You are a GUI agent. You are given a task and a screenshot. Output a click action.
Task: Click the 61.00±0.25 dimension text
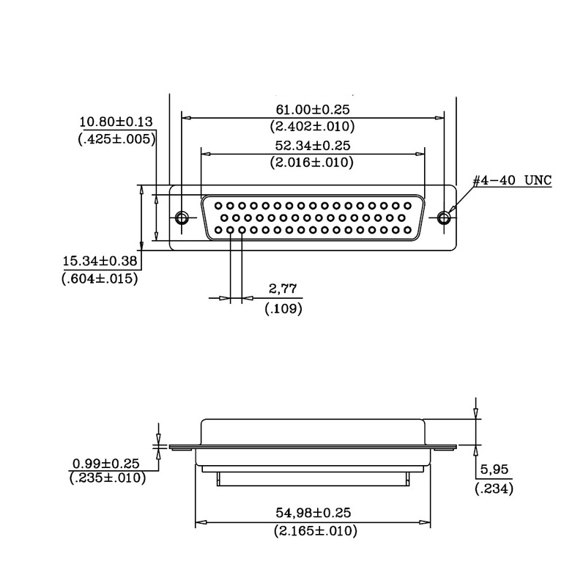(x=313, y=109)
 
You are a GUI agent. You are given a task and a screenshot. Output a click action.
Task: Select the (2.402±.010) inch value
(x=312, y=126)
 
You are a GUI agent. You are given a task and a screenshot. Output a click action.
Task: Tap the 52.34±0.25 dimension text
(x=313, y=145)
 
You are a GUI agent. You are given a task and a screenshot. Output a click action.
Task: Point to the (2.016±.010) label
(x=312, y=162)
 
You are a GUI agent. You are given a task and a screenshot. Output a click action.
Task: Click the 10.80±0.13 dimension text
(x=116, y=122)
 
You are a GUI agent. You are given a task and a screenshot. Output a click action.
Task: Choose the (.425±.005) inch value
(x=116, y=139)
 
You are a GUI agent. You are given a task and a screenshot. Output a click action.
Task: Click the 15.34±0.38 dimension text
(x=100, y=261)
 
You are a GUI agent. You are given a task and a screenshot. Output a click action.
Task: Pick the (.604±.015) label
(x=100, y=278)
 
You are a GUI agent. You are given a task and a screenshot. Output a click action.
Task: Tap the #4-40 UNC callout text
(x=512, y=180)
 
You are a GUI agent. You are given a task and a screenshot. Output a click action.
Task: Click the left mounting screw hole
(x=182, y=217)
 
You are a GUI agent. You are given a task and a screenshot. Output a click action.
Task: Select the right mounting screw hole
(x=444, y=217)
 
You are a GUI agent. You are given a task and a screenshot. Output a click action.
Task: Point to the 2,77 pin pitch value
(x=283, y=289)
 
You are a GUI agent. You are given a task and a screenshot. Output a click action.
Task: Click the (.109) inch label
(x=283, y=308)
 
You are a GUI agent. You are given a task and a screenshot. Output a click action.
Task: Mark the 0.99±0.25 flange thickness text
(x=106, y=464)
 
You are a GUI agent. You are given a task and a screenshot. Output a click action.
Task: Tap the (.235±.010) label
(x=108, y=478)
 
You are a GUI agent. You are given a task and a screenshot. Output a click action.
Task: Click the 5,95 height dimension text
(x=494, y=469)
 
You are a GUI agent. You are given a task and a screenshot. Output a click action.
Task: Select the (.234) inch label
(x=494, y=489)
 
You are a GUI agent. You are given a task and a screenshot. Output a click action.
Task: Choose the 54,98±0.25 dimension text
(x=314, y=512)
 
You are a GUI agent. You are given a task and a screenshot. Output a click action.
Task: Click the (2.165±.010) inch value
(x=316, y=530)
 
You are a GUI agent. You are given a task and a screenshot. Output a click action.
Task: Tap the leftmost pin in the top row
(x=218, y=206)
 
